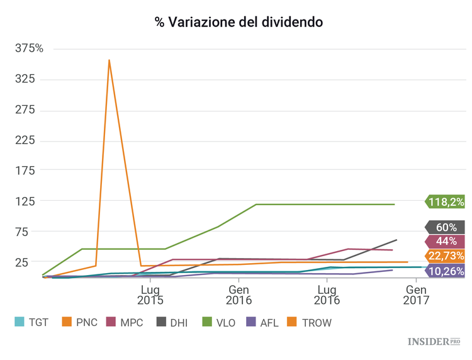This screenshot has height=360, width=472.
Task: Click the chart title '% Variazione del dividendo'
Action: point(239,23)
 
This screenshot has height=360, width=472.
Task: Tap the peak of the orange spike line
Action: point(110,60)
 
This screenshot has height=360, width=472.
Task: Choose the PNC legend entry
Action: point(79,322)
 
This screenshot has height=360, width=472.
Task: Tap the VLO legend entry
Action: point(217,322)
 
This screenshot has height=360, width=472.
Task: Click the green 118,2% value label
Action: point(446,202)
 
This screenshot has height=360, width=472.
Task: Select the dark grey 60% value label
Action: point(446,227)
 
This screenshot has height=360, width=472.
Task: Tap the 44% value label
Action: point(446,242)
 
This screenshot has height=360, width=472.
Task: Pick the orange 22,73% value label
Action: point(446,256)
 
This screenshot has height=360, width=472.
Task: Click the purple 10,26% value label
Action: point(446,271)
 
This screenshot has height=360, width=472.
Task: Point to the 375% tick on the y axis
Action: point(29,48)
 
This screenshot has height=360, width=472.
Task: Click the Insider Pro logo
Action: point(435,342)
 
